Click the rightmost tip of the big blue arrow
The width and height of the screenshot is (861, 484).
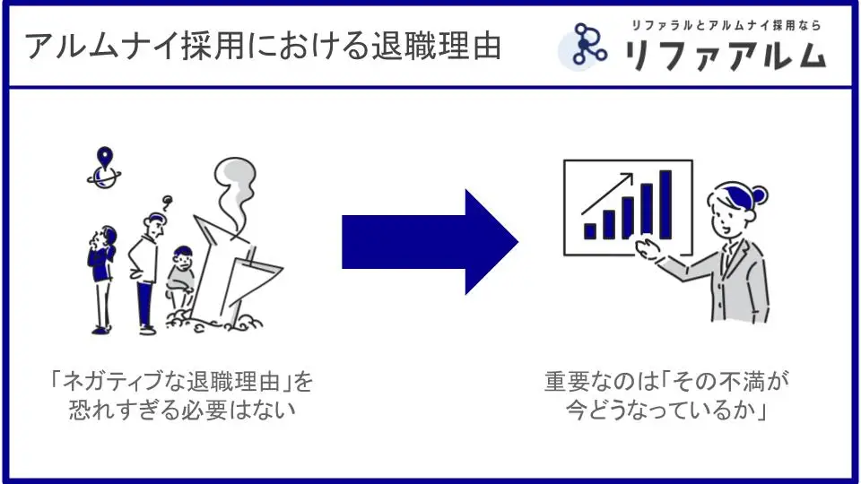518,241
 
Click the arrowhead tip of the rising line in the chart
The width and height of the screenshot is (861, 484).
632,174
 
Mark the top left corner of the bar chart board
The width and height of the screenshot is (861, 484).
564,160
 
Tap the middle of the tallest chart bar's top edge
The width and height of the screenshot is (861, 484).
665,171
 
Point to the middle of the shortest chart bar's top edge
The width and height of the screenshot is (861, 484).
590,224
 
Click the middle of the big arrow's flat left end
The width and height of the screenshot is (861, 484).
342,242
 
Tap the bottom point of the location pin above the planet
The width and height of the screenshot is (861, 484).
104,169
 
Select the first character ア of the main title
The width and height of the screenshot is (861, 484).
39,46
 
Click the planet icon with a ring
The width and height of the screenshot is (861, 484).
104,177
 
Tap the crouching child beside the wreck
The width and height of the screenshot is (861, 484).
180,277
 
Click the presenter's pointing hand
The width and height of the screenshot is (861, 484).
648,248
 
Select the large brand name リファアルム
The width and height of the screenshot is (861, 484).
726,56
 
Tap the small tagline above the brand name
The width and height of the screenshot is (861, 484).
726,25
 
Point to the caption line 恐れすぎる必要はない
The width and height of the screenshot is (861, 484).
182,410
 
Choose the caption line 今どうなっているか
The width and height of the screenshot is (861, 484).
666,410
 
